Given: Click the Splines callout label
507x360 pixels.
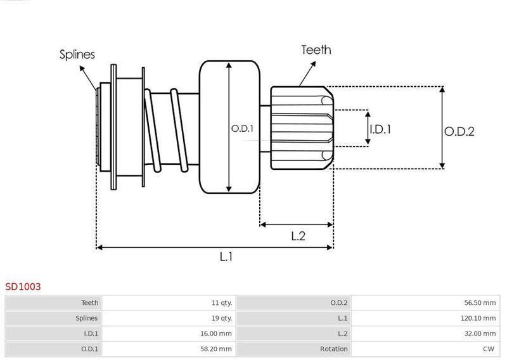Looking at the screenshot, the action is [77, 55].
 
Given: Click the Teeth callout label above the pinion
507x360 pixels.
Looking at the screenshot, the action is [316, 50].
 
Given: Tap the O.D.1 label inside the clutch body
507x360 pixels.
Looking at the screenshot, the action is [242, 129].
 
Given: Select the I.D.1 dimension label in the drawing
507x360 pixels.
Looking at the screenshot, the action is [380, 129].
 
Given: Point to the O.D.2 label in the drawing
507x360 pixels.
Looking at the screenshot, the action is [459, 132].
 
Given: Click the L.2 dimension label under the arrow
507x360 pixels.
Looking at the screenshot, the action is [298, 236].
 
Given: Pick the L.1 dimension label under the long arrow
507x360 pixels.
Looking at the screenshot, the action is [226, 257].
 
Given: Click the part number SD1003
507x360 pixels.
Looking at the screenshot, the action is [23, 286].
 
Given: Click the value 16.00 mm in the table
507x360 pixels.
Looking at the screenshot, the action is [215, 333].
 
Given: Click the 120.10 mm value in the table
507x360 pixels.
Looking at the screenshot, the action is [478, 318].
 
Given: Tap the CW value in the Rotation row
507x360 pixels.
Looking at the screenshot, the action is [489, 349].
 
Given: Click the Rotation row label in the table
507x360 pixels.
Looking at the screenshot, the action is [334, 349].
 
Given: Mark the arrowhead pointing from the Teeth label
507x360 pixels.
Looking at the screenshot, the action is [313, 65].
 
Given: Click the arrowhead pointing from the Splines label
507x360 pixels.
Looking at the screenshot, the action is [82, 68].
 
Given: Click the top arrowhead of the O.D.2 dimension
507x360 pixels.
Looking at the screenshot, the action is [442, 89].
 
